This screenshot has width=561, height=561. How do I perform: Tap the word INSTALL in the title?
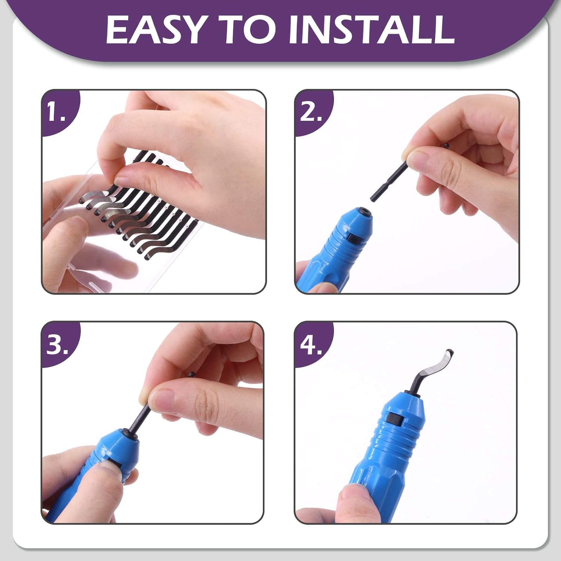click(x=371, y=30)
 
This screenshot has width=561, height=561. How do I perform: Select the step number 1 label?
click(x=56, y=112)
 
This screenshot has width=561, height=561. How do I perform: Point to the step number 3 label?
click(x=57, y=344)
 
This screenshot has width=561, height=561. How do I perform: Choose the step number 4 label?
click(x=311, y=344)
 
